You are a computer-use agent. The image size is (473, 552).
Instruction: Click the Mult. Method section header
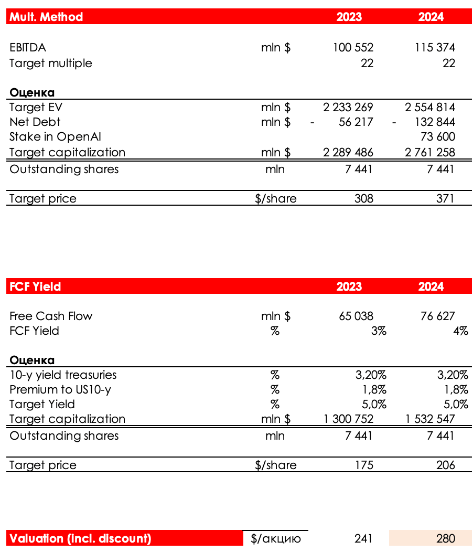tap(46, 17)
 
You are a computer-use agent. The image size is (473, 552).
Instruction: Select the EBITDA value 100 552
tap(353, 48)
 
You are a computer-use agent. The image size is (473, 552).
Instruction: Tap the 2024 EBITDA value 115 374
tap(435, 48)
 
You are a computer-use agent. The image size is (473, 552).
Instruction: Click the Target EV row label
tap(36, 108)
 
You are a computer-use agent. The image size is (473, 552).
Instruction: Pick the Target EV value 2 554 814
tap(430, 108)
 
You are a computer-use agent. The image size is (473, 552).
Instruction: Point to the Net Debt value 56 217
tap(356, 122)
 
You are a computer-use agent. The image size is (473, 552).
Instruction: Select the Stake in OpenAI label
tap(55, 137)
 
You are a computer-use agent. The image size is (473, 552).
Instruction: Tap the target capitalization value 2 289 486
tap(348, 153)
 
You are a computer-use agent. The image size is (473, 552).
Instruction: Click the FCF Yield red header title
tap(35, 286)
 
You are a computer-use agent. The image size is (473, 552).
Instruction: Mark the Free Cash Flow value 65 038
tap(356, 316)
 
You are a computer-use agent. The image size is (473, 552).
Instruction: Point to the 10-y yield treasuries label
tap(63, 375)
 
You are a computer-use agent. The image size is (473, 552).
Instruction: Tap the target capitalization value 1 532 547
tap(430, 419)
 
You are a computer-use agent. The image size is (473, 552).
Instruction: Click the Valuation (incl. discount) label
tap(80, 538)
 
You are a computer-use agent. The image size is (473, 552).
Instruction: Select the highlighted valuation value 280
tap(445, 538)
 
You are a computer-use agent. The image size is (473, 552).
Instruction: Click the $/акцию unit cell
tap(276, 538)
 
